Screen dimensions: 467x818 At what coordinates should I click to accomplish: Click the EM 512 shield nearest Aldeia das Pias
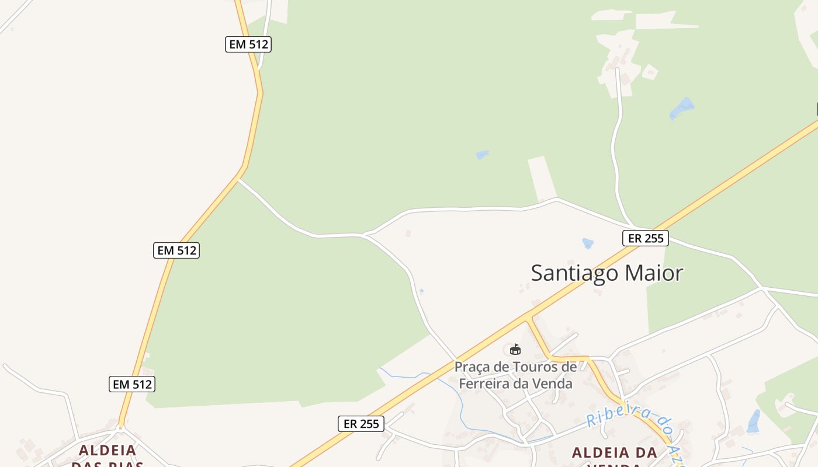[133, 384]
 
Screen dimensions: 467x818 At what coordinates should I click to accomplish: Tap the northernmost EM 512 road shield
[248, 44]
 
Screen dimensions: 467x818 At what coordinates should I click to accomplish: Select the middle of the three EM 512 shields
[177, 250]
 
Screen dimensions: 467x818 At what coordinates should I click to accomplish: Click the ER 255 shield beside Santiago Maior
[645, 238]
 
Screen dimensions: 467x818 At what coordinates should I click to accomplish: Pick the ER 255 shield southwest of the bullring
[361, 424]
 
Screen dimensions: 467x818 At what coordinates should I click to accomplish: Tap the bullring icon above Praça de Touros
[515, 350]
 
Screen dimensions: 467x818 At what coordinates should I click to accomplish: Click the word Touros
[536, 367]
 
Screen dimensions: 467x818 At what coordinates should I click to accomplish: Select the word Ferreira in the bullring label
[490, 384]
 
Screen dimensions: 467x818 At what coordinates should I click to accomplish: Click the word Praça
[474, 367]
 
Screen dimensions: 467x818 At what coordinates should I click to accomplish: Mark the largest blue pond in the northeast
[682, 108]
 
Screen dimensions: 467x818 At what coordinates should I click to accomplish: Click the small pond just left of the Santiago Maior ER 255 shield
[588, 243]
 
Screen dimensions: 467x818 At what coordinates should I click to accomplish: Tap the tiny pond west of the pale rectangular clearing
[482, 155]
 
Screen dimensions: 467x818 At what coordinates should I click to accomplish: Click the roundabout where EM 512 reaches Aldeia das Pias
[120, 428]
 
